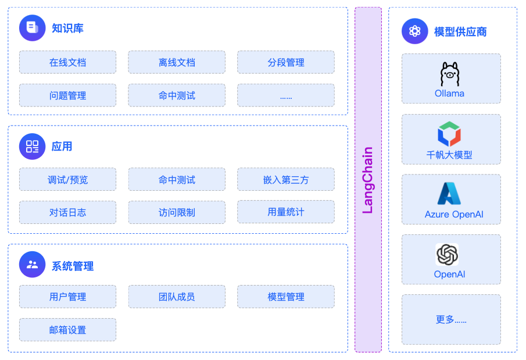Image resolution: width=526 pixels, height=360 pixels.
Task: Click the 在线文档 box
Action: pyautogui.click(x=67, y=62)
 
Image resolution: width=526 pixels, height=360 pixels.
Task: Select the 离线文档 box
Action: pyautogui.click(x=177, y=62)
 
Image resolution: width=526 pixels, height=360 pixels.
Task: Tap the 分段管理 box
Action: pyautogui.click(x=285, y=62)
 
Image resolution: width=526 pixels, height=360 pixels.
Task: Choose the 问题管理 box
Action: pyautogui.click(x=67, y=95)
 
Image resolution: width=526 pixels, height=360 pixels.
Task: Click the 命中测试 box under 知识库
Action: pyautogui.click(x=177, y=95)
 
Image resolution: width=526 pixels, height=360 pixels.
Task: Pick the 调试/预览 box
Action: pyautogui.click(x=67, y=180)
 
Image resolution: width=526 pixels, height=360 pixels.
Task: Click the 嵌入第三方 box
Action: pyautogui.click(x=285, y=180)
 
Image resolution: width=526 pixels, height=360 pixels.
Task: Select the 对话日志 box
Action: pyautogui.click(x=67, y=212)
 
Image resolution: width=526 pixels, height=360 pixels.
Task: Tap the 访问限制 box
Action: pyautogui.click(x=177, y=212)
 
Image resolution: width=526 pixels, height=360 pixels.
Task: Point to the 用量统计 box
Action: pyautogui.click(x=285, y=212)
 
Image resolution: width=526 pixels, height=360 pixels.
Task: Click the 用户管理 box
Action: pyautogui.click(x=67, y=297)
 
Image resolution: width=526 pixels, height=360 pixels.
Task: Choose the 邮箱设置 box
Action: pyautogui.click(x=67, y=330)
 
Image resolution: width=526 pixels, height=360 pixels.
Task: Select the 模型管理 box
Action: pyautogui.click(x=285, y=297)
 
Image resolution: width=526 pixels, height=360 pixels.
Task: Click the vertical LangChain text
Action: pyautogui.click(x=368, y=180)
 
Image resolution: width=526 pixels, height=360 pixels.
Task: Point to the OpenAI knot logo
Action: pyautogui.click(x=447, y=255)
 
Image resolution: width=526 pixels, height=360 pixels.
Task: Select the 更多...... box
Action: pyautogui.click(x=451, y=319)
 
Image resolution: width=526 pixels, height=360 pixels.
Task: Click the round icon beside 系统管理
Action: pyautogui.click(x=32, y=265)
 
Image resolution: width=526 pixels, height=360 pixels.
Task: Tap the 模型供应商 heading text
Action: pyautogui.click(x=460, y=31)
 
